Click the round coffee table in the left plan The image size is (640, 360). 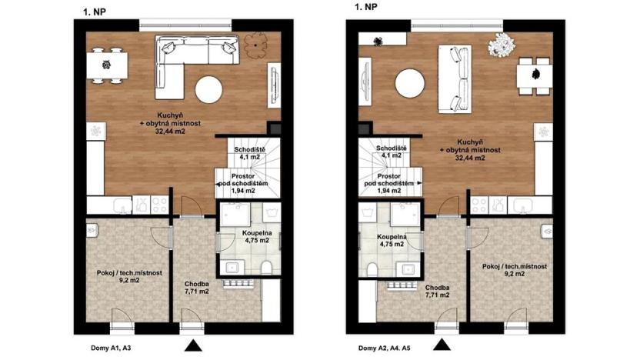[209, 91]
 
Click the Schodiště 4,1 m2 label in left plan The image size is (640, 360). [251, 152]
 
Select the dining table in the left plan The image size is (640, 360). [106, 65]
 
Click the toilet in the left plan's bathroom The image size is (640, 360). [266, 268]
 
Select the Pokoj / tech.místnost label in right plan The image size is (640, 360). [515, 269]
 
